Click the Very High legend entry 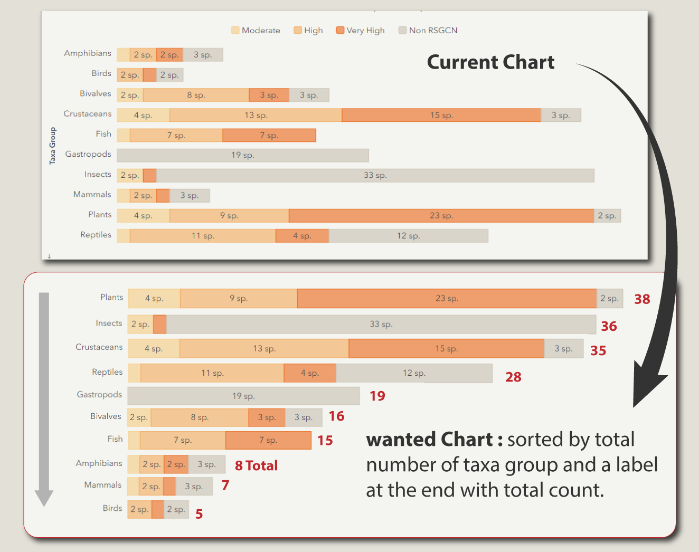(x=361, y=31)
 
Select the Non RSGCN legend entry (x=428, y=31)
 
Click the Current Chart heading (x=490, y=62)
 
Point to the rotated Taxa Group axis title (x=52, y=146)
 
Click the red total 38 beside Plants (x=642, y=299)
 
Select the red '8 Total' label (x=256, y=465)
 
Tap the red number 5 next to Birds (x=199, y=514)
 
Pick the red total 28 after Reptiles (x=513, y=377)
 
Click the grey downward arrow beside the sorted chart (x=44, y=398)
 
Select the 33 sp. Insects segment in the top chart (x=375, y=175)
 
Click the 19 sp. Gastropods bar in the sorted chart (x=243, y=396)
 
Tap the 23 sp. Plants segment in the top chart (x=441, y=216)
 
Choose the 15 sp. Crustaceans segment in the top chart (x=441, y=115)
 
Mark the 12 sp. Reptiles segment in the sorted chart (x=414, y=373)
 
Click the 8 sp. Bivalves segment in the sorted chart (x=200, y=417)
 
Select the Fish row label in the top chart (x=103, y=134)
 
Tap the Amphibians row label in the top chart (x=88, y=53)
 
